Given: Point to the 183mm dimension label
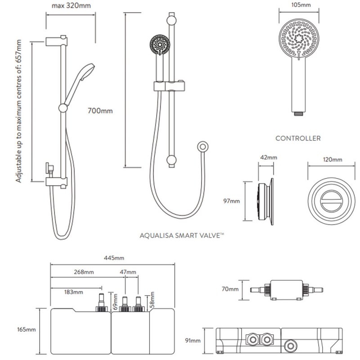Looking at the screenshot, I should click(x=74, y=292).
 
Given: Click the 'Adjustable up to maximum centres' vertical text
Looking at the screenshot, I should click(x=19, y=111).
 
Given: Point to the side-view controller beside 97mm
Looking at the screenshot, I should click(x=265, y=201).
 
